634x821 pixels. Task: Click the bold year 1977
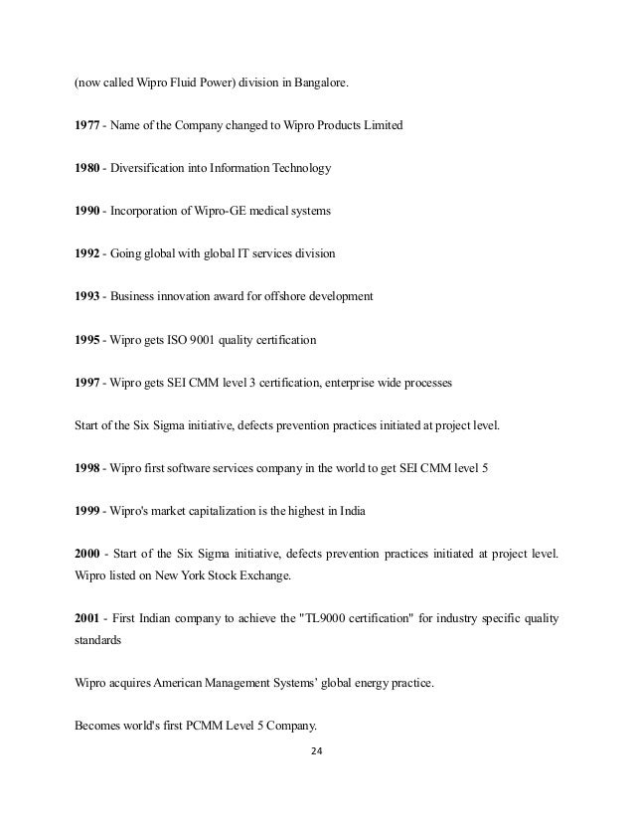coord(87,125)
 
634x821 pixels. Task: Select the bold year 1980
coord(87,168)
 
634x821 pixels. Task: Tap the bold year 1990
coord(87,211)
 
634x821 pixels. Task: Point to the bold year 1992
coord(87,253)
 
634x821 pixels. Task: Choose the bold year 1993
coord(87,296)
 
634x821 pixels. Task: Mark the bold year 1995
coord(87,340)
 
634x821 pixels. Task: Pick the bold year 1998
coord(87,468)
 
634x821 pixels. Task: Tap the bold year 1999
coord(87,511)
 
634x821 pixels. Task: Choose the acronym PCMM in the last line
coord(200,725)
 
